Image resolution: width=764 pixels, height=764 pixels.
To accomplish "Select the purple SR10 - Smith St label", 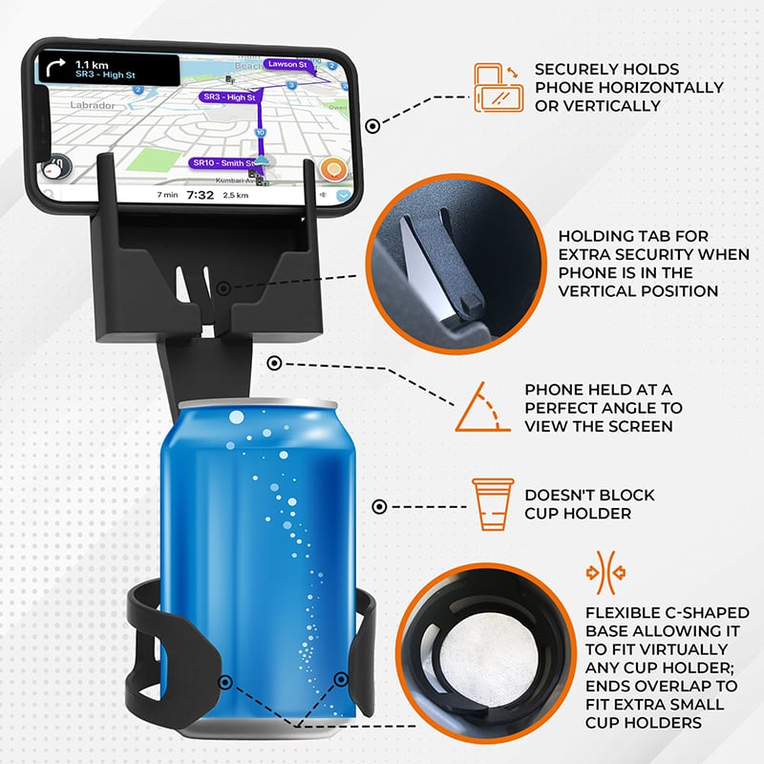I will click(x=223, y=163).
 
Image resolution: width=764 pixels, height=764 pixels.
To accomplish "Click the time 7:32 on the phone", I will click(x=200, y=195).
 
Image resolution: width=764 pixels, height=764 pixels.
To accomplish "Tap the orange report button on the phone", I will click(x=332, y=171).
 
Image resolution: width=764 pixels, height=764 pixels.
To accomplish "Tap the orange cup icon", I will click(x=488, y=504).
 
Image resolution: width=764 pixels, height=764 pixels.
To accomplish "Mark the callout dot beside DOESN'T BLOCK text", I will click(x=379, y=508).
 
